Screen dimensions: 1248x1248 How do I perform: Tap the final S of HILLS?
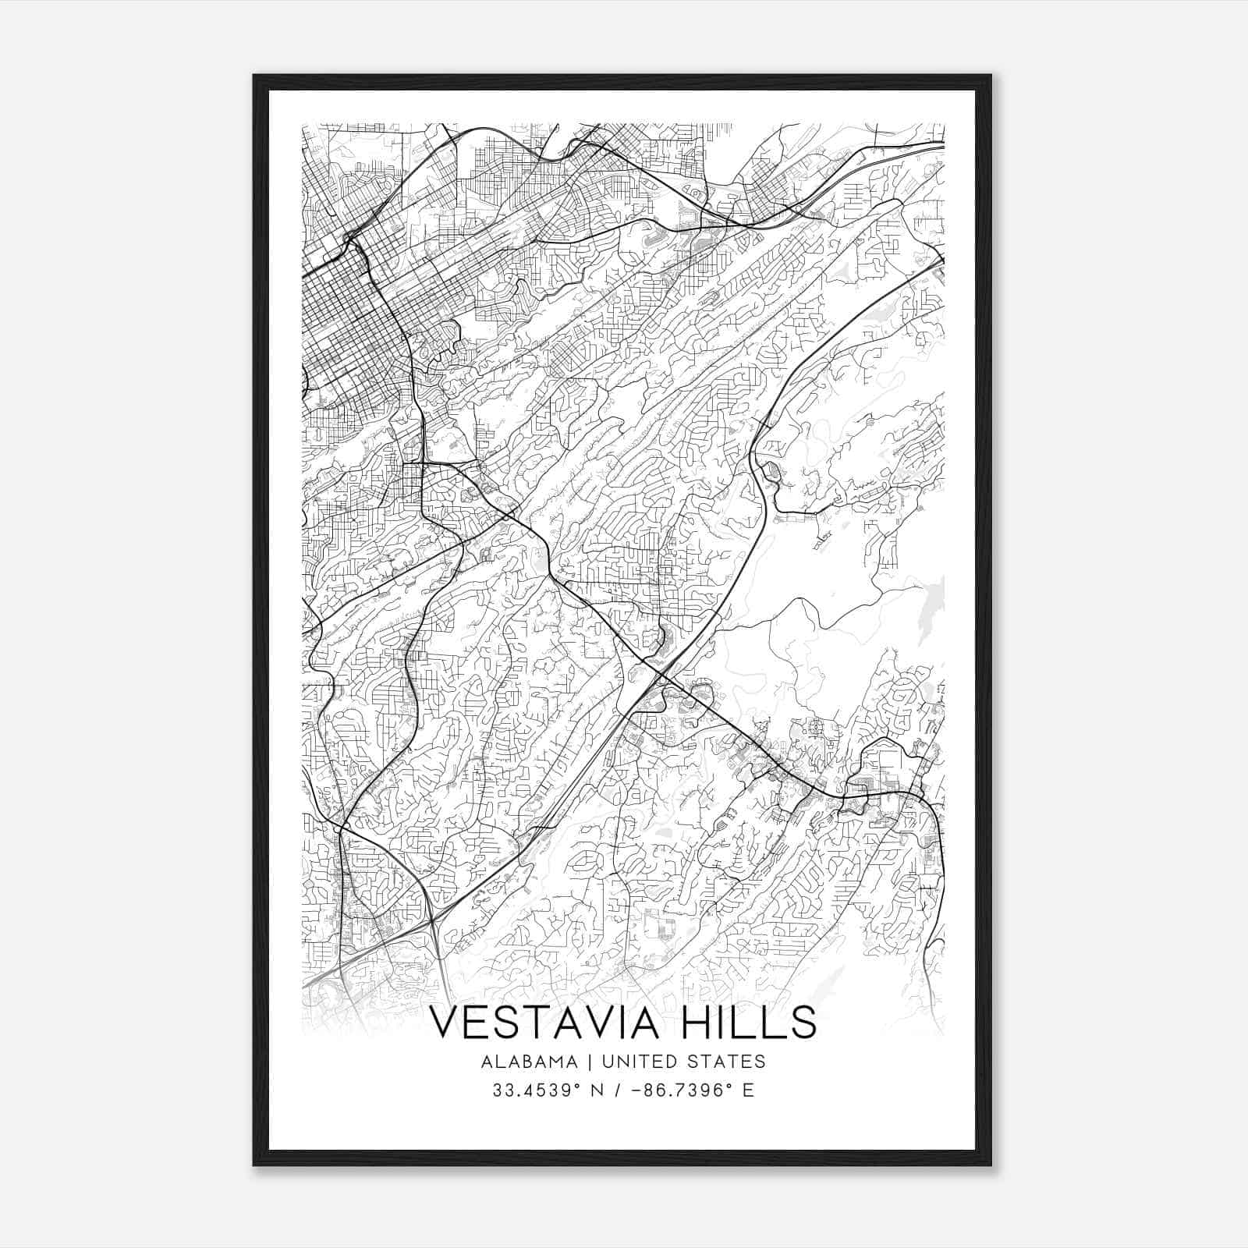pyautogui.click(x=804, y=1023)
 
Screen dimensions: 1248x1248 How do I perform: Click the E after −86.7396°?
pyautogui.click(x=749, y=1090)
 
